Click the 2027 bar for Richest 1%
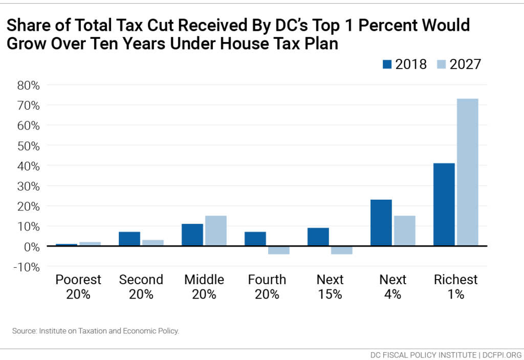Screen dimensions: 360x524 click(467, 172)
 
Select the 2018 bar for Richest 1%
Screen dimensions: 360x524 click(444, 204)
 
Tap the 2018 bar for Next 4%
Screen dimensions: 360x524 click(381, 223)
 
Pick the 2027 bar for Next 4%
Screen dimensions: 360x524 click(404, 230)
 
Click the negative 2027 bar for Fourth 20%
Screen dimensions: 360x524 click(278, 250)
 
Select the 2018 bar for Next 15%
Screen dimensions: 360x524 click(318, 237)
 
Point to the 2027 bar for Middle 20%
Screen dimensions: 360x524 click(215, 230)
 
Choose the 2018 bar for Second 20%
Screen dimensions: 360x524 click(129, 239)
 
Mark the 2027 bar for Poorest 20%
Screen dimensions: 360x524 click(90, 244)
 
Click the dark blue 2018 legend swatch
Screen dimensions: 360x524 click(387, 64)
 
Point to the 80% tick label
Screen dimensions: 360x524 click(28, 85)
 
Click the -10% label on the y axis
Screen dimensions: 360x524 click(27, 266)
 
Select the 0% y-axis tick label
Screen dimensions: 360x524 click(32, 246)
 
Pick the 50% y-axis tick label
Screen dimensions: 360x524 click(28, 145)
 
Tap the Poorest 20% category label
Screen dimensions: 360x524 click(78, 287)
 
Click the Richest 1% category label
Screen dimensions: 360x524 click(455, 287)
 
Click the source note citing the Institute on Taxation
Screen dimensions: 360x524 click(96, 331)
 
